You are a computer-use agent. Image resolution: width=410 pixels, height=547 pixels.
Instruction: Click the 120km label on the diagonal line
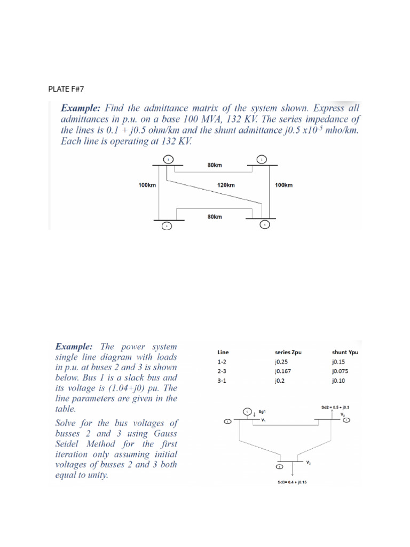tap(226, 185)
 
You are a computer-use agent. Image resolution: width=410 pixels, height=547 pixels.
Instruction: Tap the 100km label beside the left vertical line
tap(147, 185)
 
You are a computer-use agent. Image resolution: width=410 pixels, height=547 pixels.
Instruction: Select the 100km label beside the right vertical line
tap(283, 185)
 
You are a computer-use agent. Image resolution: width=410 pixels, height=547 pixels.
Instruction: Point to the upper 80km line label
tap(214, 165)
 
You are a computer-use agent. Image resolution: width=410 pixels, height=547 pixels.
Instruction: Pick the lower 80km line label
tap(214, 217)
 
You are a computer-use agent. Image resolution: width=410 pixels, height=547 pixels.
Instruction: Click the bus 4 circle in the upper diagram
tap(265, 225)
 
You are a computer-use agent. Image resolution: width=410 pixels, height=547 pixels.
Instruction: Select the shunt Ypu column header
tap(345, 353)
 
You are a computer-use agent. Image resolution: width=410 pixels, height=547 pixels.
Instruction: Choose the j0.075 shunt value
tap(340, 371)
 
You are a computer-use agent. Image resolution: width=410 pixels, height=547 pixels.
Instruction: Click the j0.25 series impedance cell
tap(281, 362)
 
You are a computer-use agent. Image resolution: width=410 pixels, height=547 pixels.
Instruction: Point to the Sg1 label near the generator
tap(262, 412)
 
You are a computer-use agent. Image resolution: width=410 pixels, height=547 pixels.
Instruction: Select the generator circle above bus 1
tap(247, 412)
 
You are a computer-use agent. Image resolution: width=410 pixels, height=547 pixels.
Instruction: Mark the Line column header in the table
tap(223, 353)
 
